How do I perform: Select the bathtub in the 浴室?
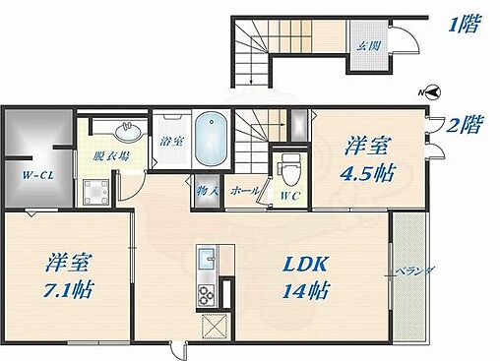(x=211, y=139)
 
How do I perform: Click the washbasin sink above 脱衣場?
(x=125, y=130)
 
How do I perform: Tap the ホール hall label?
(x=244, y=190)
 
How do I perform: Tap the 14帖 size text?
(x=305, y=291)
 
